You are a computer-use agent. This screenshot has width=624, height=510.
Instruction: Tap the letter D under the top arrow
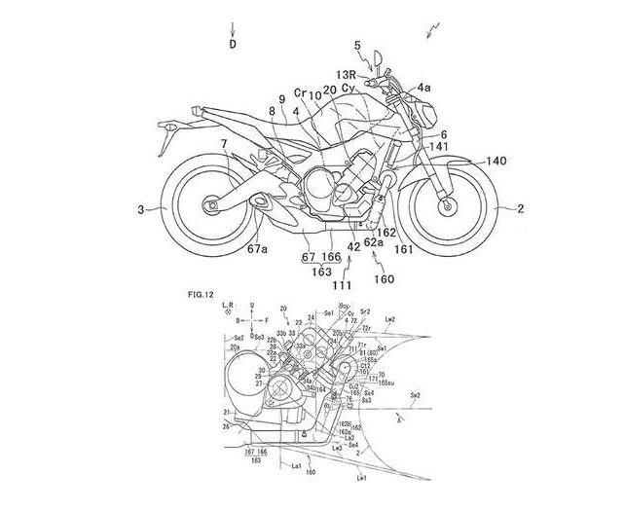pyautogui.click(x=233, y=44)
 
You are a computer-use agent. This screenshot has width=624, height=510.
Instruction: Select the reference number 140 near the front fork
pyautogui.click(x=496, y=161)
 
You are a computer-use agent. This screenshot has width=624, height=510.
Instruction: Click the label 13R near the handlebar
pyautogui.click(x=348, y=74)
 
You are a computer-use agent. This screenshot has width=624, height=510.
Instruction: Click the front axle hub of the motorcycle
pyautogui.click(x=447, y=206)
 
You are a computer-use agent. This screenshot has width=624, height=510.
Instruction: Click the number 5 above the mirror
pyautogui.click(x=357, y=46)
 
